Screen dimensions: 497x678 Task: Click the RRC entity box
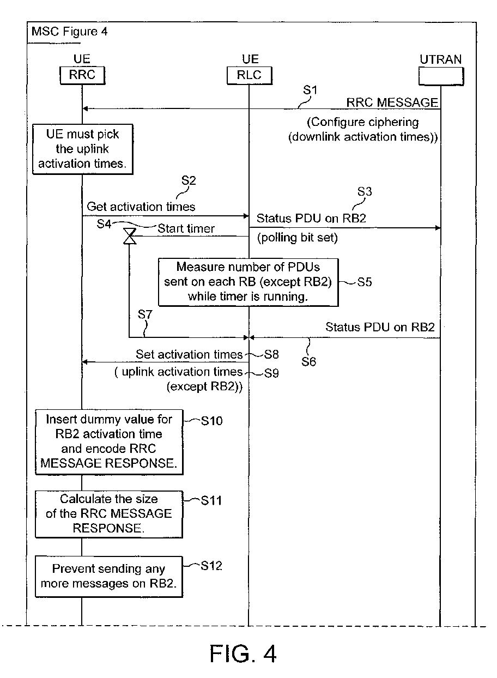[x=82, y=75]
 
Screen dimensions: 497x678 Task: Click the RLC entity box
[x=250, y=75]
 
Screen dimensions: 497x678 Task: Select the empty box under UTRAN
[x=441, y=76]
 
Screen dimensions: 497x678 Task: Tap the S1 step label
[x=310, y=90]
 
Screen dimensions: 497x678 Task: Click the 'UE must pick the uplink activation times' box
[x=83, y=149]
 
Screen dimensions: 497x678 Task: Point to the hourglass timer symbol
[x=130, y=236]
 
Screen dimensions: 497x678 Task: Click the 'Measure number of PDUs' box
[x=248, y=282]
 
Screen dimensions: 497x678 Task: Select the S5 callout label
[x=365, y=282]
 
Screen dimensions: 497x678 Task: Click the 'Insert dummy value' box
[x=109, y=441]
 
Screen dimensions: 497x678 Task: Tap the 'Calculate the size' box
[x=109, y=514]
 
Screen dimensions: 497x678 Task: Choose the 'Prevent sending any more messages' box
[x=109, y=576]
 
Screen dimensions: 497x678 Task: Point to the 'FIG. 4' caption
[x=243, y=654]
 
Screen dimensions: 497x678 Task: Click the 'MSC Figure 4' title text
[x=69, y=32]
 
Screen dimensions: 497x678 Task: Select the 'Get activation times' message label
[x=141, y=207]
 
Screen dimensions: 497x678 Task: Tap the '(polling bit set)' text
[x=297, y=238]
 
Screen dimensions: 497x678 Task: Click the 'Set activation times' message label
[x=189, y=354]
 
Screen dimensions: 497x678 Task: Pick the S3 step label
[x=365, y=191]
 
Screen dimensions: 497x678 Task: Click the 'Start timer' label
[x=186, y=228]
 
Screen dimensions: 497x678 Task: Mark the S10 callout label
[x=211, y=421]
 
